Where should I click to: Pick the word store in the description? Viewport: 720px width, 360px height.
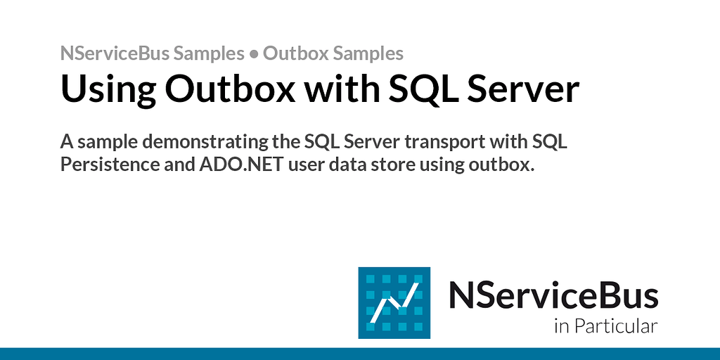point(400,166)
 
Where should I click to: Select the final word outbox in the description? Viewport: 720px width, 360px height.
point(497,166)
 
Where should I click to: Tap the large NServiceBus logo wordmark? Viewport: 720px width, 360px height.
point(553,296)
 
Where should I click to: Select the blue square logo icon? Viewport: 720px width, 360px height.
point(394,303)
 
